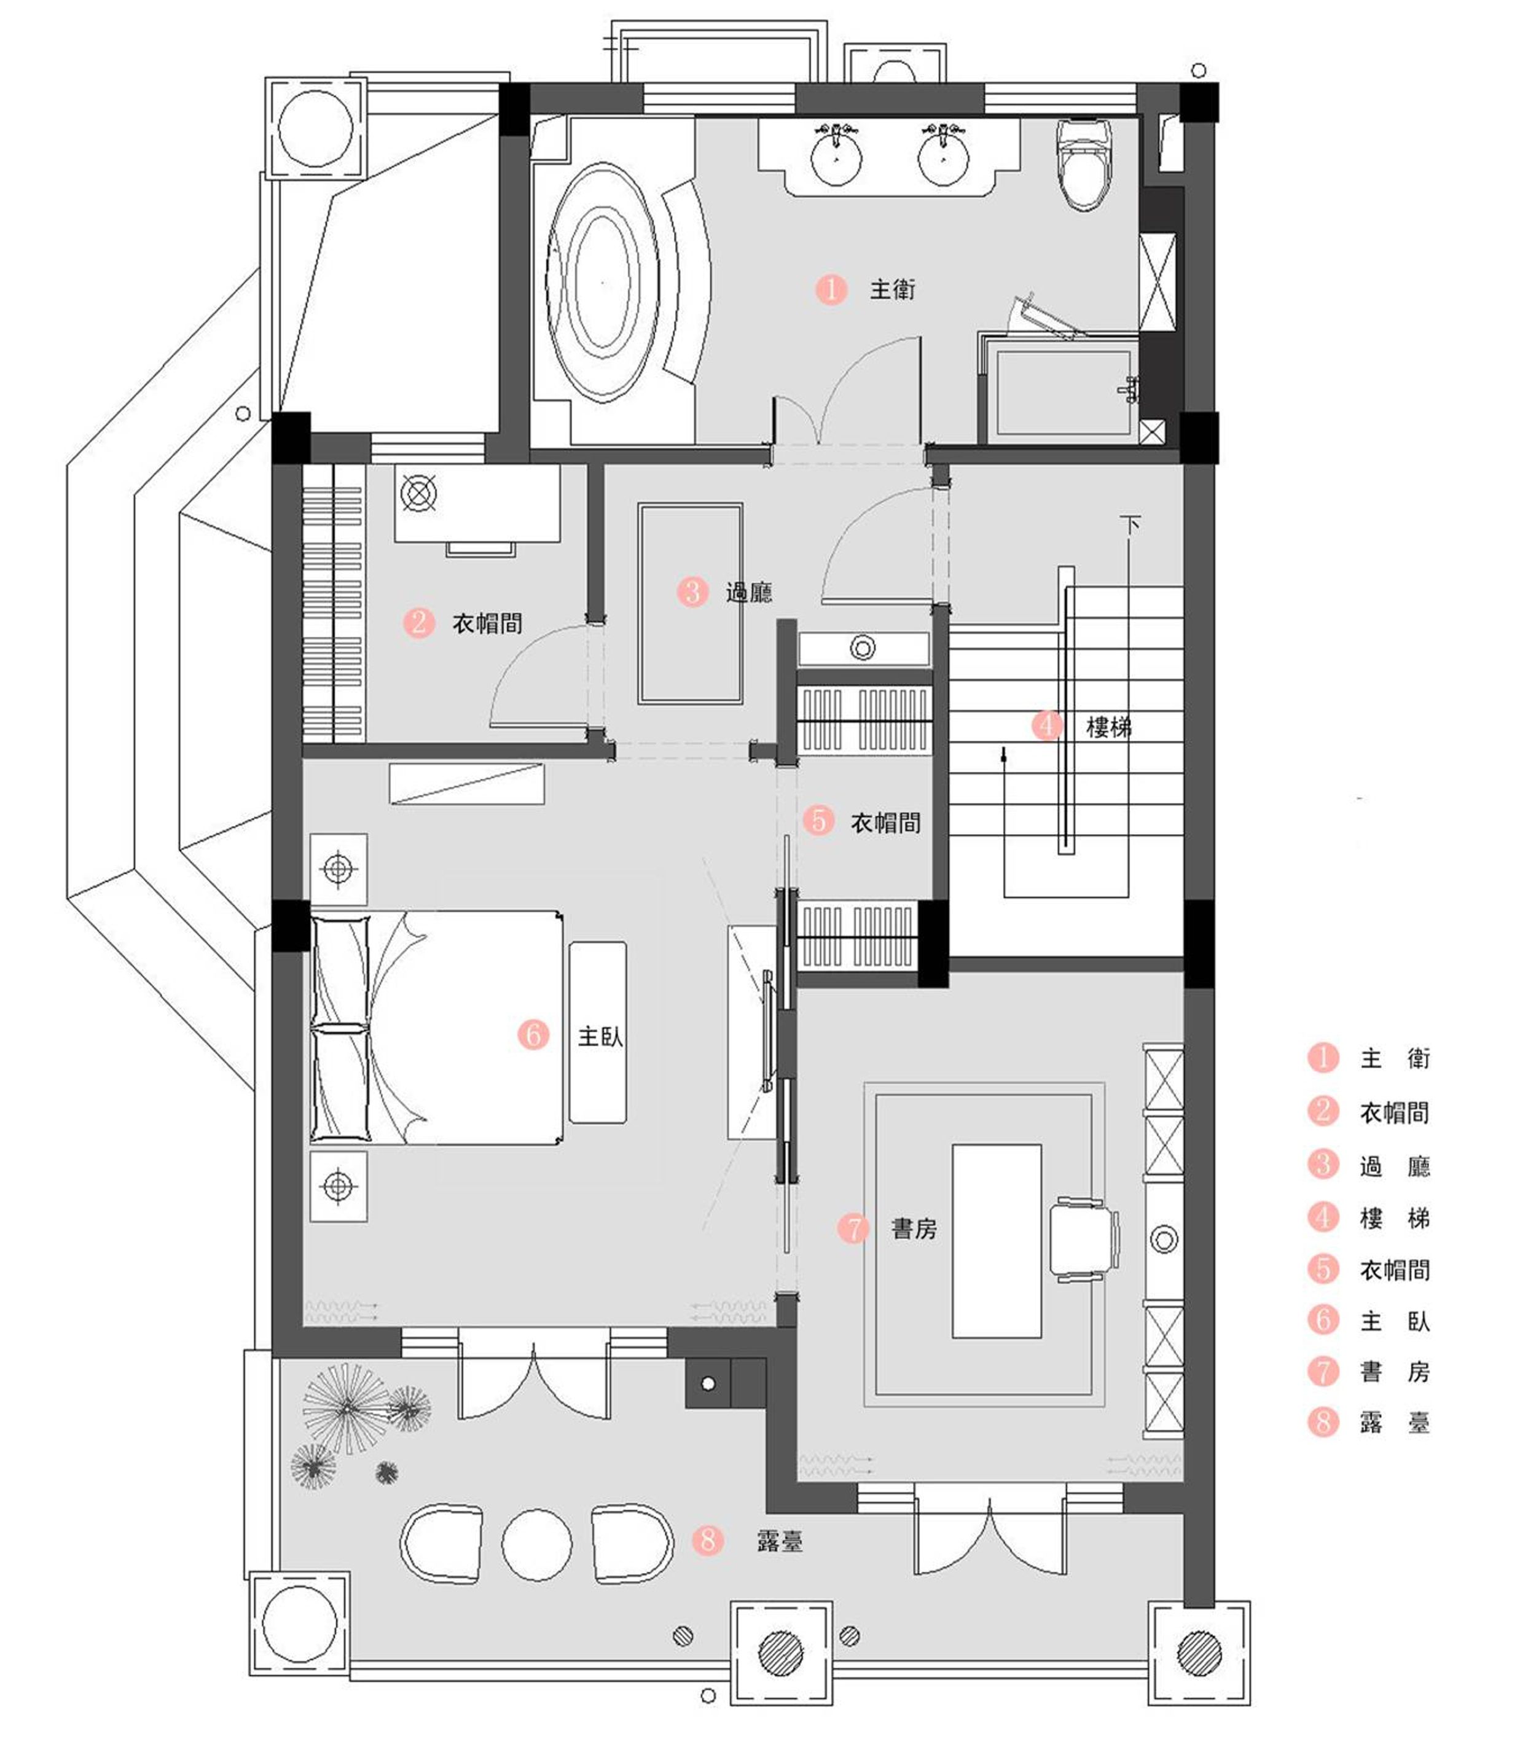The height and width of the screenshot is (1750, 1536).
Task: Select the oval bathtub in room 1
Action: tap(603, 283)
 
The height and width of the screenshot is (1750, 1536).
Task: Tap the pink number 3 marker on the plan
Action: tap(692, 591)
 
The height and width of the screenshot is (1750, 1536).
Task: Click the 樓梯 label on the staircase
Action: tap(1109, 727)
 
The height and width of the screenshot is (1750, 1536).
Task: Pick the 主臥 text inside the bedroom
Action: tap(600, 1037)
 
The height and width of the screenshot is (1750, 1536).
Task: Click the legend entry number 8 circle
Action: tap(1323, 1422)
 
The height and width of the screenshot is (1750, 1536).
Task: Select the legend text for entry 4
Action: tap(1395, 1217)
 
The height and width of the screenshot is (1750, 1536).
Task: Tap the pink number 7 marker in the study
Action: tap(853, 1229)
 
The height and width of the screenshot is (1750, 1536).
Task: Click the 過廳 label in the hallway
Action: tap(749, 592)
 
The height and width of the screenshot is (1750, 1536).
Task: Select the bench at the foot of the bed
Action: tap(598, 1033)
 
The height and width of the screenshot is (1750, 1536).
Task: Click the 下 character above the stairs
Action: tap(1130, 524)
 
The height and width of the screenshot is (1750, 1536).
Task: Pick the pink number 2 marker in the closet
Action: tap(418, 622)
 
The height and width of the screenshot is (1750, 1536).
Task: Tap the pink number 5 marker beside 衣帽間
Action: tap(818, 820)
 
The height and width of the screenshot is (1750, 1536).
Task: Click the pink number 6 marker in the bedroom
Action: tap(533, 1034)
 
